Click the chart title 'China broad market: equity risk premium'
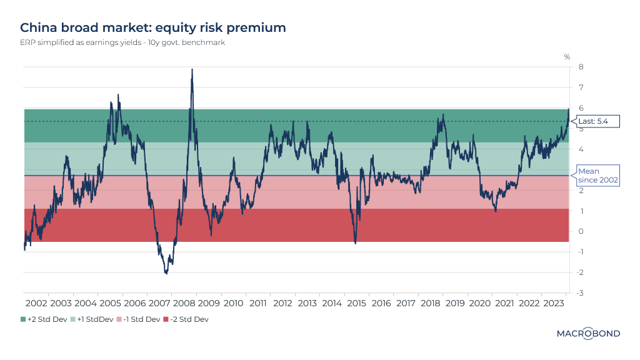pyautogui.click(x=153, y=27)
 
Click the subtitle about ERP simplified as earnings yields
pyautogui.click(x=122, y=43)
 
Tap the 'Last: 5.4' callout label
pyautogui.click(x=597, y=121)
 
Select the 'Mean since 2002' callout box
pyautogui.click(x=597, y=176)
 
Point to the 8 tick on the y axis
pyautogui.click(x=581, y=67)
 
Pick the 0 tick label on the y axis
pyautogui.click(x=581, y=231)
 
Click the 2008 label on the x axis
pyautogui.click(x=184, y=303)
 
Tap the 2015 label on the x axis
pyautogui.click(x=356, y=303)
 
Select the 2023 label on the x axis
pyautogui.click(x=554, y=303)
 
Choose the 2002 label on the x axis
pyautogui.click(x=36, y=303)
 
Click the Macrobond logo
pyautogui.click(x=588, y=334)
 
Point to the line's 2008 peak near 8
pyautogui.click(x=192, y=69)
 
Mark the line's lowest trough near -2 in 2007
pyautogui.click(x=166, y=273)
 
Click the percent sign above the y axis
pyautogui.click(x=567, y=57)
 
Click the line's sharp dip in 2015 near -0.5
pyautogui.click(x=355, y=242)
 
